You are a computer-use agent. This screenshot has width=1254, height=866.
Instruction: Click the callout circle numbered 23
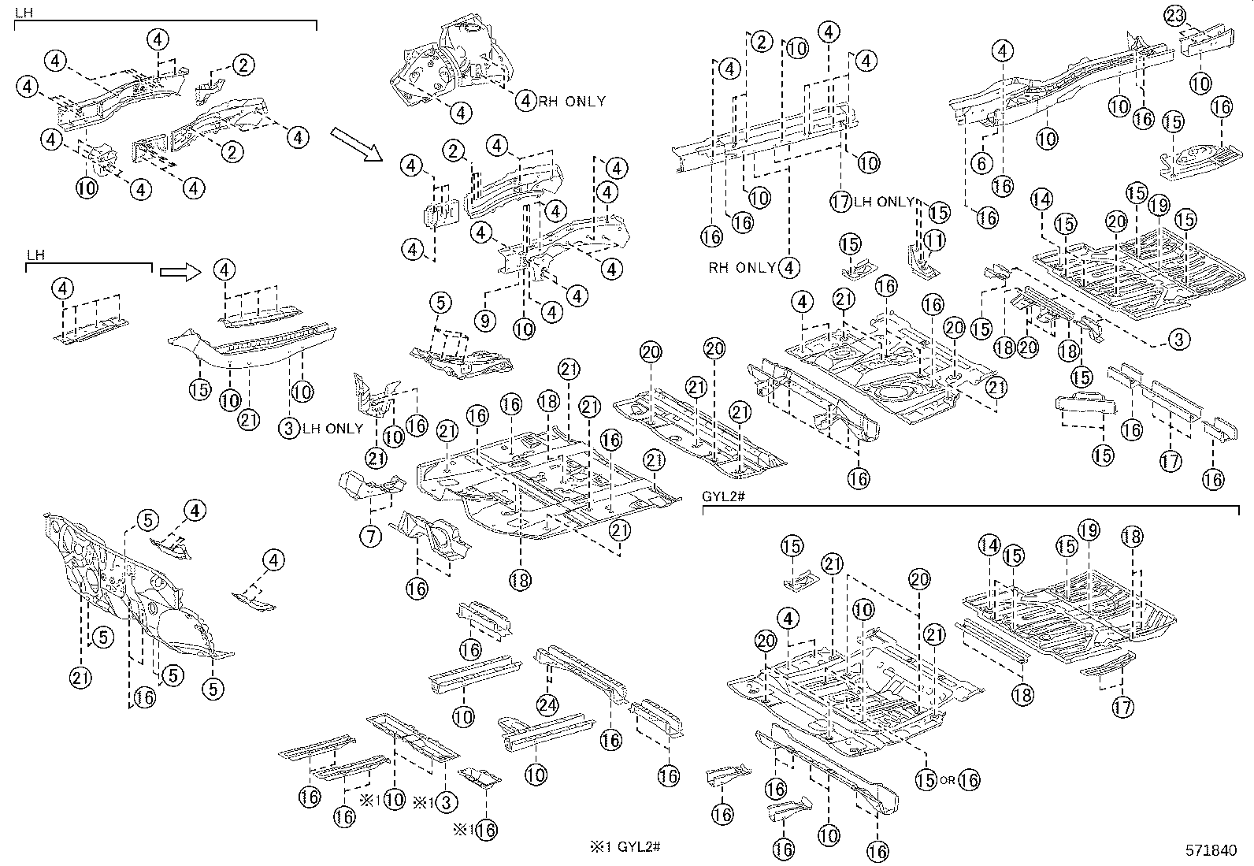[x=1174, y=16]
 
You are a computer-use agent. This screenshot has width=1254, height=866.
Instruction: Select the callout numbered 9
[x=485, y=321]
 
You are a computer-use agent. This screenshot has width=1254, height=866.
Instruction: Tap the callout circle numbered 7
[x=371, y=537]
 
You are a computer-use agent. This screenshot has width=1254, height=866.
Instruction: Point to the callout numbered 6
[x=981, y=163]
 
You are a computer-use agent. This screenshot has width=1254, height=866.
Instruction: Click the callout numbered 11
[x=935, y=240]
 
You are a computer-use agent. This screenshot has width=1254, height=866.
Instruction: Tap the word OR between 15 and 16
[x=948, y=781]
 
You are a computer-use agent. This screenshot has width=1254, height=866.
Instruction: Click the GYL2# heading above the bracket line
[x=718, y=497]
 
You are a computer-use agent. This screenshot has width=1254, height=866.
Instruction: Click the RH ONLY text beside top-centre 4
[x=573, y=101]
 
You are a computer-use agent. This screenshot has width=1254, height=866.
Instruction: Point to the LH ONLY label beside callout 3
[x=333, y=429]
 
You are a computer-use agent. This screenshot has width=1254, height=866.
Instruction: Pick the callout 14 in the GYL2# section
[x=991, y=545]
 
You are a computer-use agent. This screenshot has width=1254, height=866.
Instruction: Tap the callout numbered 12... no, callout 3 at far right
[x=1178, y=340]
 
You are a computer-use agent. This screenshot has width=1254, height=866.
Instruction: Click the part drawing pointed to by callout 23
[x=1214, y=42]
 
